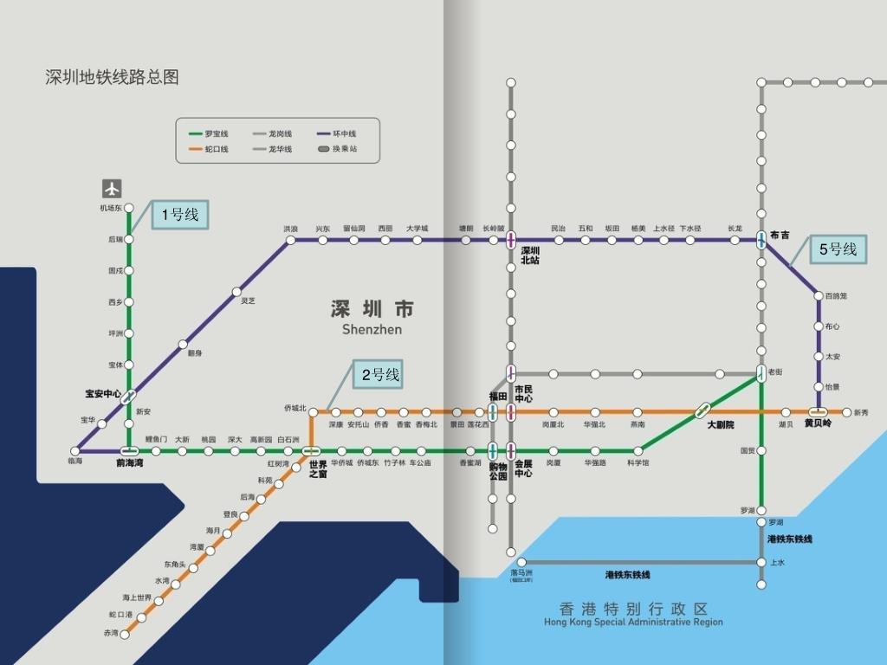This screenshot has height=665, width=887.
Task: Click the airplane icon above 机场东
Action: [112, 188]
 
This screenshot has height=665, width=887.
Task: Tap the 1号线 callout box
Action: [180, 215]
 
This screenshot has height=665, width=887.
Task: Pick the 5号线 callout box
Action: [838, 249]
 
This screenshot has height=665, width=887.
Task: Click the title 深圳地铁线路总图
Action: [112, 77]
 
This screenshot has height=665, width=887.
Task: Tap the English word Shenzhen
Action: [372, 329]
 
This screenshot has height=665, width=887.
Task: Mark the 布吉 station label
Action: [780, 235]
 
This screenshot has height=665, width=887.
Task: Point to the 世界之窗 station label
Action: [318, 470]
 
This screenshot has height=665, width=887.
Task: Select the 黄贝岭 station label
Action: [818, 423]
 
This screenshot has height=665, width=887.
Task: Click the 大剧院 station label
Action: [720, 425]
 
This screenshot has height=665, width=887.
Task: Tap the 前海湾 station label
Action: [131, 463]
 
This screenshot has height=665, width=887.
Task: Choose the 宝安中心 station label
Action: [102, 394]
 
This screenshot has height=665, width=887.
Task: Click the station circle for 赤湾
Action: [126, 634]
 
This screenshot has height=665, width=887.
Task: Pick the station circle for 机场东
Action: [129, 208]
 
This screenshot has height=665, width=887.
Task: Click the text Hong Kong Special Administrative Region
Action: [633, 622]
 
